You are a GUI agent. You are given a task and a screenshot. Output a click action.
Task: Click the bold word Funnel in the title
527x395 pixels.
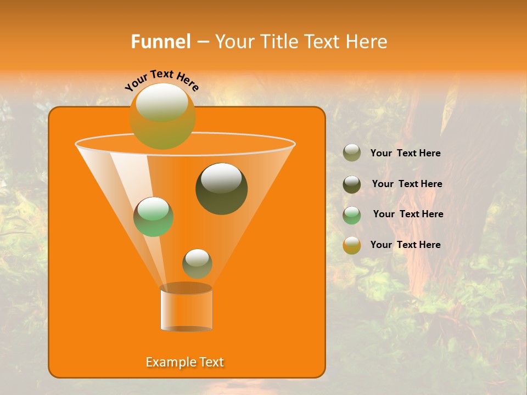(x=160, y=42)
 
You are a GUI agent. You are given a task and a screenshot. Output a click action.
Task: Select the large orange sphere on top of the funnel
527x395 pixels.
(x=162, y=116)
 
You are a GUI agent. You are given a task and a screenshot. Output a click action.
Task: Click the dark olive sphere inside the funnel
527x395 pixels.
(x=222, y=189)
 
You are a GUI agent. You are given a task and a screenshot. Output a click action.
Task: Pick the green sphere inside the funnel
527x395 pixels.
(x=154, y=217)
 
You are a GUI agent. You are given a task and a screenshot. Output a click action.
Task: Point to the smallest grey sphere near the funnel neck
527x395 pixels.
(x=197, y=264)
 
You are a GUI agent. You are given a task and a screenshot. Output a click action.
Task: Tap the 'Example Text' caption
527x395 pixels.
(x=185, y=362)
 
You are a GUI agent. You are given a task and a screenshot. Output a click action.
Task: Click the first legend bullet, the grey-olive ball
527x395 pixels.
(x=352, y=153)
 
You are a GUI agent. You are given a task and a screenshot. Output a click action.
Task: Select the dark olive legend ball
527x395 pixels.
(x=352, y=184)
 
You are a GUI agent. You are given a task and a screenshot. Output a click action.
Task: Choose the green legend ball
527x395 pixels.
(x=352, y=215)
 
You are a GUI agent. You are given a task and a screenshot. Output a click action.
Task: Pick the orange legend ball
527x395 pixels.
(x=352, y=245)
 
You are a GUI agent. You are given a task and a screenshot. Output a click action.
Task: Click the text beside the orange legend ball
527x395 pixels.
(x=405, y=245)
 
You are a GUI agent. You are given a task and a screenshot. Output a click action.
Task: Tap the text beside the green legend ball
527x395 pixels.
(x=408, y=214)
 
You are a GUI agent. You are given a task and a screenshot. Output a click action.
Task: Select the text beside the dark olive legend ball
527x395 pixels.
(x=407, y=184)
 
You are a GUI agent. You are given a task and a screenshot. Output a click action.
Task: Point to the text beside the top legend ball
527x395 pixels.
(x=405, y=153)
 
